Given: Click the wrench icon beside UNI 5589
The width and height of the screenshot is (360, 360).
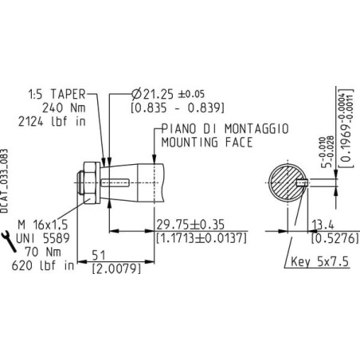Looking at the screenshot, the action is (9, 241).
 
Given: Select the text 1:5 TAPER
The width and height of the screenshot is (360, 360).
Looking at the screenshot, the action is (57, 94).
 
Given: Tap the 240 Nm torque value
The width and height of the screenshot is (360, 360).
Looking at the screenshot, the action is (64, 108).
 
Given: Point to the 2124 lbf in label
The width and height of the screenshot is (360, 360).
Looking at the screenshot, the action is (52, 122).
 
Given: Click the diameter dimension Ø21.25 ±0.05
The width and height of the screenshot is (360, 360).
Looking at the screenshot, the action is (168, 94).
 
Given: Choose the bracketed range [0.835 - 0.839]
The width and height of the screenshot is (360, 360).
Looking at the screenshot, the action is (178, 108).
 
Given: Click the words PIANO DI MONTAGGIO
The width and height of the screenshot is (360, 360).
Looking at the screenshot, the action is (225, 129).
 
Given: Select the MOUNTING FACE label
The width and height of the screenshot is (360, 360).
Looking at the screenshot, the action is (207, 143).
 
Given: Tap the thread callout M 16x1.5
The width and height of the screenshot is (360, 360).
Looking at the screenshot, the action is (43, 225).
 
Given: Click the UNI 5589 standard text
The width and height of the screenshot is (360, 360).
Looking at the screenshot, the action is (43, 238).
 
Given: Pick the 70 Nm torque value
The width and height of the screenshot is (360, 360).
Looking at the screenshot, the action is (43, 252).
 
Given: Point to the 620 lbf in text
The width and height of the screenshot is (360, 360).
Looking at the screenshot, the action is (43, 265).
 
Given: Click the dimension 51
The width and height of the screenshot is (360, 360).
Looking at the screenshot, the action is (99, 256).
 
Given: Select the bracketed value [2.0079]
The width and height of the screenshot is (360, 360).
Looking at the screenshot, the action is (116, 268).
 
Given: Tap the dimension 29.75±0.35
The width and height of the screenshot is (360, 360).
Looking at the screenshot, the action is (190, 225).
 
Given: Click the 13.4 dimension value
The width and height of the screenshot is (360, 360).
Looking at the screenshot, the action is (323, 225).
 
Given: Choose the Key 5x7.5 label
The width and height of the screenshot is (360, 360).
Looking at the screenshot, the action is (319, 262).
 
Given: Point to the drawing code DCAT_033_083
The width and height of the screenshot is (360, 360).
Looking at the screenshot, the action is (5, 181).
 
